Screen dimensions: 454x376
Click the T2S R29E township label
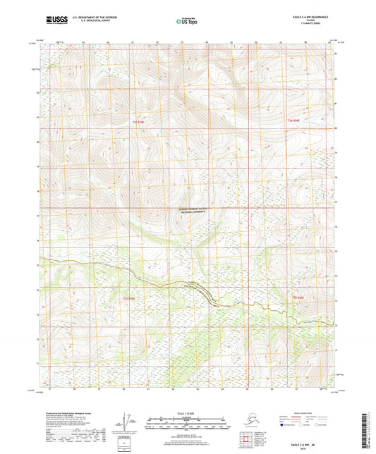[x=140, y=123]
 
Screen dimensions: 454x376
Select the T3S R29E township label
[x=131, y=298]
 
